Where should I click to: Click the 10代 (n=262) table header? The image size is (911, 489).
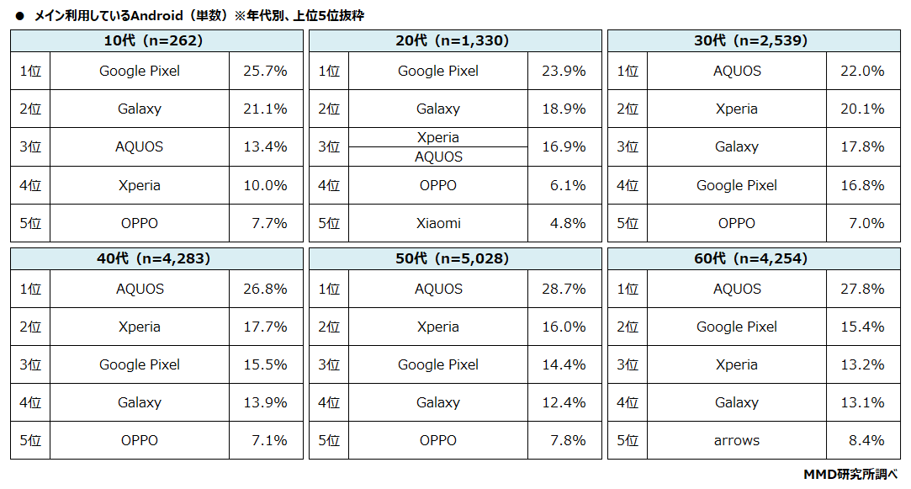point(156,40)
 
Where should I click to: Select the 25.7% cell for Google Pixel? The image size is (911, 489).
point(266,71)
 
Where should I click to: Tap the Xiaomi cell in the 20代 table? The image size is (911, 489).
point(438,223)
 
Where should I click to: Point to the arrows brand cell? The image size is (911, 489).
point(737,440)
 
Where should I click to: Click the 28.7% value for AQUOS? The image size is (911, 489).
point(564,289)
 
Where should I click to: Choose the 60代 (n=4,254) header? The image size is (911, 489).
point(754,258)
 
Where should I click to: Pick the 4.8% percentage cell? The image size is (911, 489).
point(564,223)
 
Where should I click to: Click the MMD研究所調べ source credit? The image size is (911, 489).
point(850,475)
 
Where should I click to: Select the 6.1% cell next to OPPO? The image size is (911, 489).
point(564,185)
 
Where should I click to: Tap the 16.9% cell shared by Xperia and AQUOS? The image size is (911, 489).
point(564,146)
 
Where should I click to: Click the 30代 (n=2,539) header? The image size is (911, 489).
point(754,40)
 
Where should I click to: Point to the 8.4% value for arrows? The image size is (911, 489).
point(863,440)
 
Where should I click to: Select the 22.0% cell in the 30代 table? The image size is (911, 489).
point(863,71)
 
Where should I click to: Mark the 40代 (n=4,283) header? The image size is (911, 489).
point(156,258)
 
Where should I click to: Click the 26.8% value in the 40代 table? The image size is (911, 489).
point(266,289)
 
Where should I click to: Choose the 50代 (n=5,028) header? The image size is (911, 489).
point(455,258)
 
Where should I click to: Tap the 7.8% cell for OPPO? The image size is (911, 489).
point(564,440)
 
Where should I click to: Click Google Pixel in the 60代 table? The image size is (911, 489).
point(737,327)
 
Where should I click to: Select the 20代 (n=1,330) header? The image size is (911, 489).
point(455,40)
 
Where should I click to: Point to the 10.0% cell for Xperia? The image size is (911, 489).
point(266,185)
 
